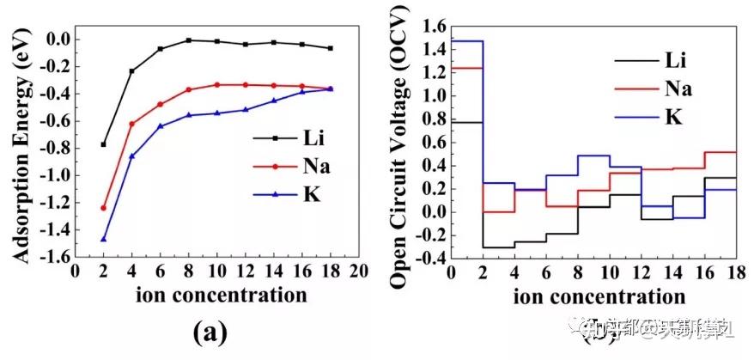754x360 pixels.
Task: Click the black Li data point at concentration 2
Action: coord(104,144)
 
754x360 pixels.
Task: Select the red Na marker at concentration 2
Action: coord(104,208)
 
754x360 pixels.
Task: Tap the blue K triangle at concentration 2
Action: coord(104,239)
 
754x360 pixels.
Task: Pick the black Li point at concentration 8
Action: coord(188,40)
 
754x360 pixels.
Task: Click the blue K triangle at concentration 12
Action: coord(245,109)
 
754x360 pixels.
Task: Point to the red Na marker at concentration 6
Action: coord(160,104)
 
